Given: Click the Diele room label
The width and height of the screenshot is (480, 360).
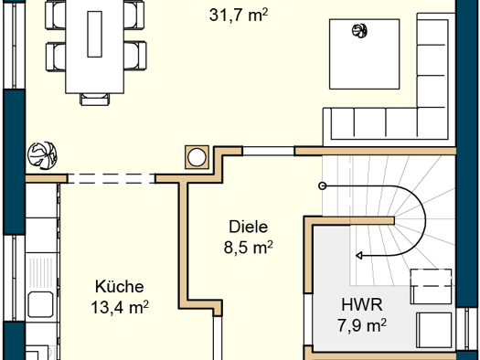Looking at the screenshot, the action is (x=249, y=227).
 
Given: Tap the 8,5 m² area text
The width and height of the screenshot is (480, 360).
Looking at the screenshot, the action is (x=249, y=247).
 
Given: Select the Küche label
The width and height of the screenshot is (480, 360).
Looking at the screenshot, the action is (x=120, y=286).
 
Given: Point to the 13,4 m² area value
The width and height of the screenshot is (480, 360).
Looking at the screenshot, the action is (x=120, y=307).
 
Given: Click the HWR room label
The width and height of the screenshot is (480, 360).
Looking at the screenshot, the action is (x=362, y=304).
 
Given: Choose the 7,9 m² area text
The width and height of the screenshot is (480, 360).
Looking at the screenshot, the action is (x=362, y=325).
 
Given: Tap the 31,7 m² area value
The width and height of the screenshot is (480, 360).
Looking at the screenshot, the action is (x=239, y=15).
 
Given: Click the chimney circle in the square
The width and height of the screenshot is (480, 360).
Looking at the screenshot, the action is (x=197, y=157).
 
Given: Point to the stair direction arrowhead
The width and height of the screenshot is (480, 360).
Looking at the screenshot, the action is (x=359, y=255).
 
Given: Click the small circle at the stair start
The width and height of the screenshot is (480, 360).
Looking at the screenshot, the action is (x=322, y=185).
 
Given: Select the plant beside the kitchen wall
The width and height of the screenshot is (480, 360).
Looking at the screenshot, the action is (x=42, y=154).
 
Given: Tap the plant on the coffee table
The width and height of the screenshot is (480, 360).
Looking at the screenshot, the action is (x=359, y=30).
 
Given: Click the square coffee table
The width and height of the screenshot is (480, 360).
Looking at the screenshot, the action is (x=364, y=54).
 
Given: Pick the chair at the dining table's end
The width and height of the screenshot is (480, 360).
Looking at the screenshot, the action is (x=94, y=99).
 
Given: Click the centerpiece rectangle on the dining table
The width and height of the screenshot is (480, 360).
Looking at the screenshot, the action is (x=94, y=34).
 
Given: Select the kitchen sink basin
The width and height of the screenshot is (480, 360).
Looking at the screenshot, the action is (x=40, y=304).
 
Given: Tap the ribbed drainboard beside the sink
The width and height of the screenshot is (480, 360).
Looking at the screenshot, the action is (x=41, y=273).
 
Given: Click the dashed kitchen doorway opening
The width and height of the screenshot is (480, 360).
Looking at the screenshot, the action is (x=112, y=178).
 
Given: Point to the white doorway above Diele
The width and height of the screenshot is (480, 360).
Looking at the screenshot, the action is (x=269, y=151).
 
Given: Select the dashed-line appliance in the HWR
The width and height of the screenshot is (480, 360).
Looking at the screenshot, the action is (x=431, y=286).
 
